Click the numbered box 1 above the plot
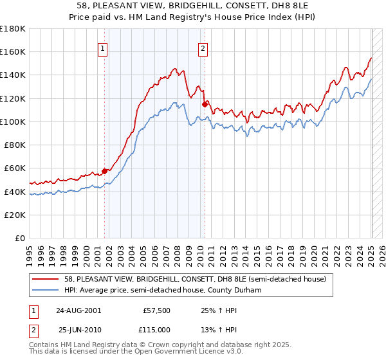coord(103,47)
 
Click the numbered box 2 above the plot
coord(203,47)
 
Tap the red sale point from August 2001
coord(104,171)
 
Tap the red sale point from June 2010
coord(205,104)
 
